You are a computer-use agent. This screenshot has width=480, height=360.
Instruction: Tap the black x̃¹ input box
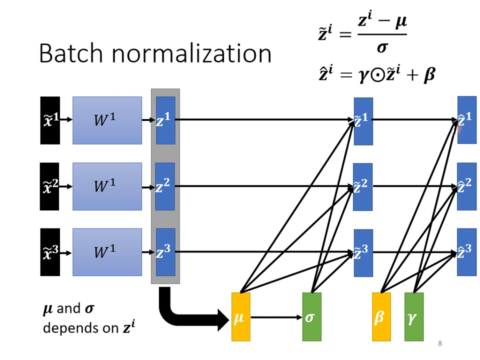[x=50, y=120]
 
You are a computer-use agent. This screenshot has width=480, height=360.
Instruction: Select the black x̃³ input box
[x=50, y=252]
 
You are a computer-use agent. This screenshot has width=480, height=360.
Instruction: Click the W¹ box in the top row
[x=107, y=120]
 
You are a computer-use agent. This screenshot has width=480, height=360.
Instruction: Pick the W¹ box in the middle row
[x=107, y=186]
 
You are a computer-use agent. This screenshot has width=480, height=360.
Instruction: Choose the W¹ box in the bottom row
[x=107, y=252]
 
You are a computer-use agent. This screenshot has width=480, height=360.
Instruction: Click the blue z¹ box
[x=165, y=120]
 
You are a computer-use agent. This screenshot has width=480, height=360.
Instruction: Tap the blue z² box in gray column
[x=165, y=186]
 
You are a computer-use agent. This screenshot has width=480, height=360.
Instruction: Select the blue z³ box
[x=165, y=252]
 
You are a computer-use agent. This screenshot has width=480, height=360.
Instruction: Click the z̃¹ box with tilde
[x=363, y=121]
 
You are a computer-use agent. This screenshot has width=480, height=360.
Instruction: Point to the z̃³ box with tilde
[x=363, y=252]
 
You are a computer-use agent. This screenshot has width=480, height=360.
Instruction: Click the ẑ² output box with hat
[x=466, y=186]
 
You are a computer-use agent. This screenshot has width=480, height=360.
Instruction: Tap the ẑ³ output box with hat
[x=466, y=252]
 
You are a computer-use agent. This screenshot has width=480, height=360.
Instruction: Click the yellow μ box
[x=240, y=317]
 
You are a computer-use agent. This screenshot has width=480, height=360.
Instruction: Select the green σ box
[x=311, y=317]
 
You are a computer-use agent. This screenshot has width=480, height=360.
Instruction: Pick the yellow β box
[x=381, y=317]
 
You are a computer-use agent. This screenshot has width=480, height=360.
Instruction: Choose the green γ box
[x=413, y=317]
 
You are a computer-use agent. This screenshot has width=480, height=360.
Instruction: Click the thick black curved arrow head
[x=222, y=317]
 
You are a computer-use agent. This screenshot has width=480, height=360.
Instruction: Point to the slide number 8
[x=439, y=343]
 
